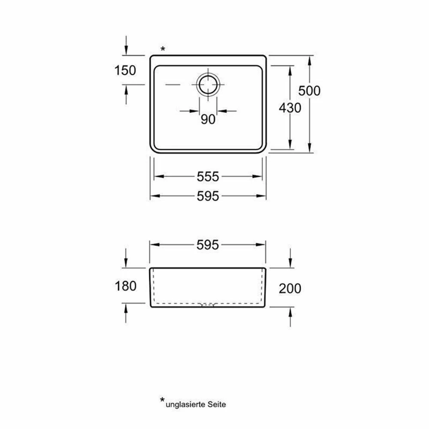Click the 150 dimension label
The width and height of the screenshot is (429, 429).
pyautogui.click(x=125, y=70)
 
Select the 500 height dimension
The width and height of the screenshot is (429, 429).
pyautogui.click(x=309, y=91)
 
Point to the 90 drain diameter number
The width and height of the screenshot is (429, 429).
pyautogui.click(x=208, y=119)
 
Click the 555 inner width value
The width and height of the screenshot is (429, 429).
pyautogui.click(x=208, y=176)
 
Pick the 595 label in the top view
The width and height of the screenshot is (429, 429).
pyautogui.click(x=208, y=196)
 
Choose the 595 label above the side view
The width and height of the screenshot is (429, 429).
pyautogui.click(x=208, y=245)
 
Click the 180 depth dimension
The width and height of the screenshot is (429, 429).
pyautogui.click(x=126, y=286)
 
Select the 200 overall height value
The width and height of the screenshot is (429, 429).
pyautogui.click(x=290, y=288)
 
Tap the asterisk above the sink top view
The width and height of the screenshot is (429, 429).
pyautogui.click(x=163, y=49)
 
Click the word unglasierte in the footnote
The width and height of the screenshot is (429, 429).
pyautogui.click(x=186, y=405)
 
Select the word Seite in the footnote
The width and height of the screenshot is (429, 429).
pyautogui.click(x=217, y=404)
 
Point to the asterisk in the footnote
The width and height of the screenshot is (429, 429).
pyautogui.click(x=163, y=400)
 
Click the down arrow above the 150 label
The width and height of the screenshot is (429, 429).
pyautogui.click(x=126, y=45)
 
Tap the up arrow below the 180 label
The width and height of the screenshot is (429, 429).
pyautogui.click(x=126, y=314)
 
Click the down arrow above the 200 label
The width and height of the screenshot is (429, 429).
pyautogui.click(x=290, y=258)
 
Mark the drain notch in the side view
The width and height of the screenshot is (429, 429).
pyautogui.click(x=208, y=305)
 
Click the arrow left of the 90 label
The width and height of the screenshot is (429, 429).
pyautogui.click(x=189, y=111)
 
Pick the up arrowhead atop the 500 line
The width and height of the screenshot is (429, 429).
pyautogui.click(x=309, y=61)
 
